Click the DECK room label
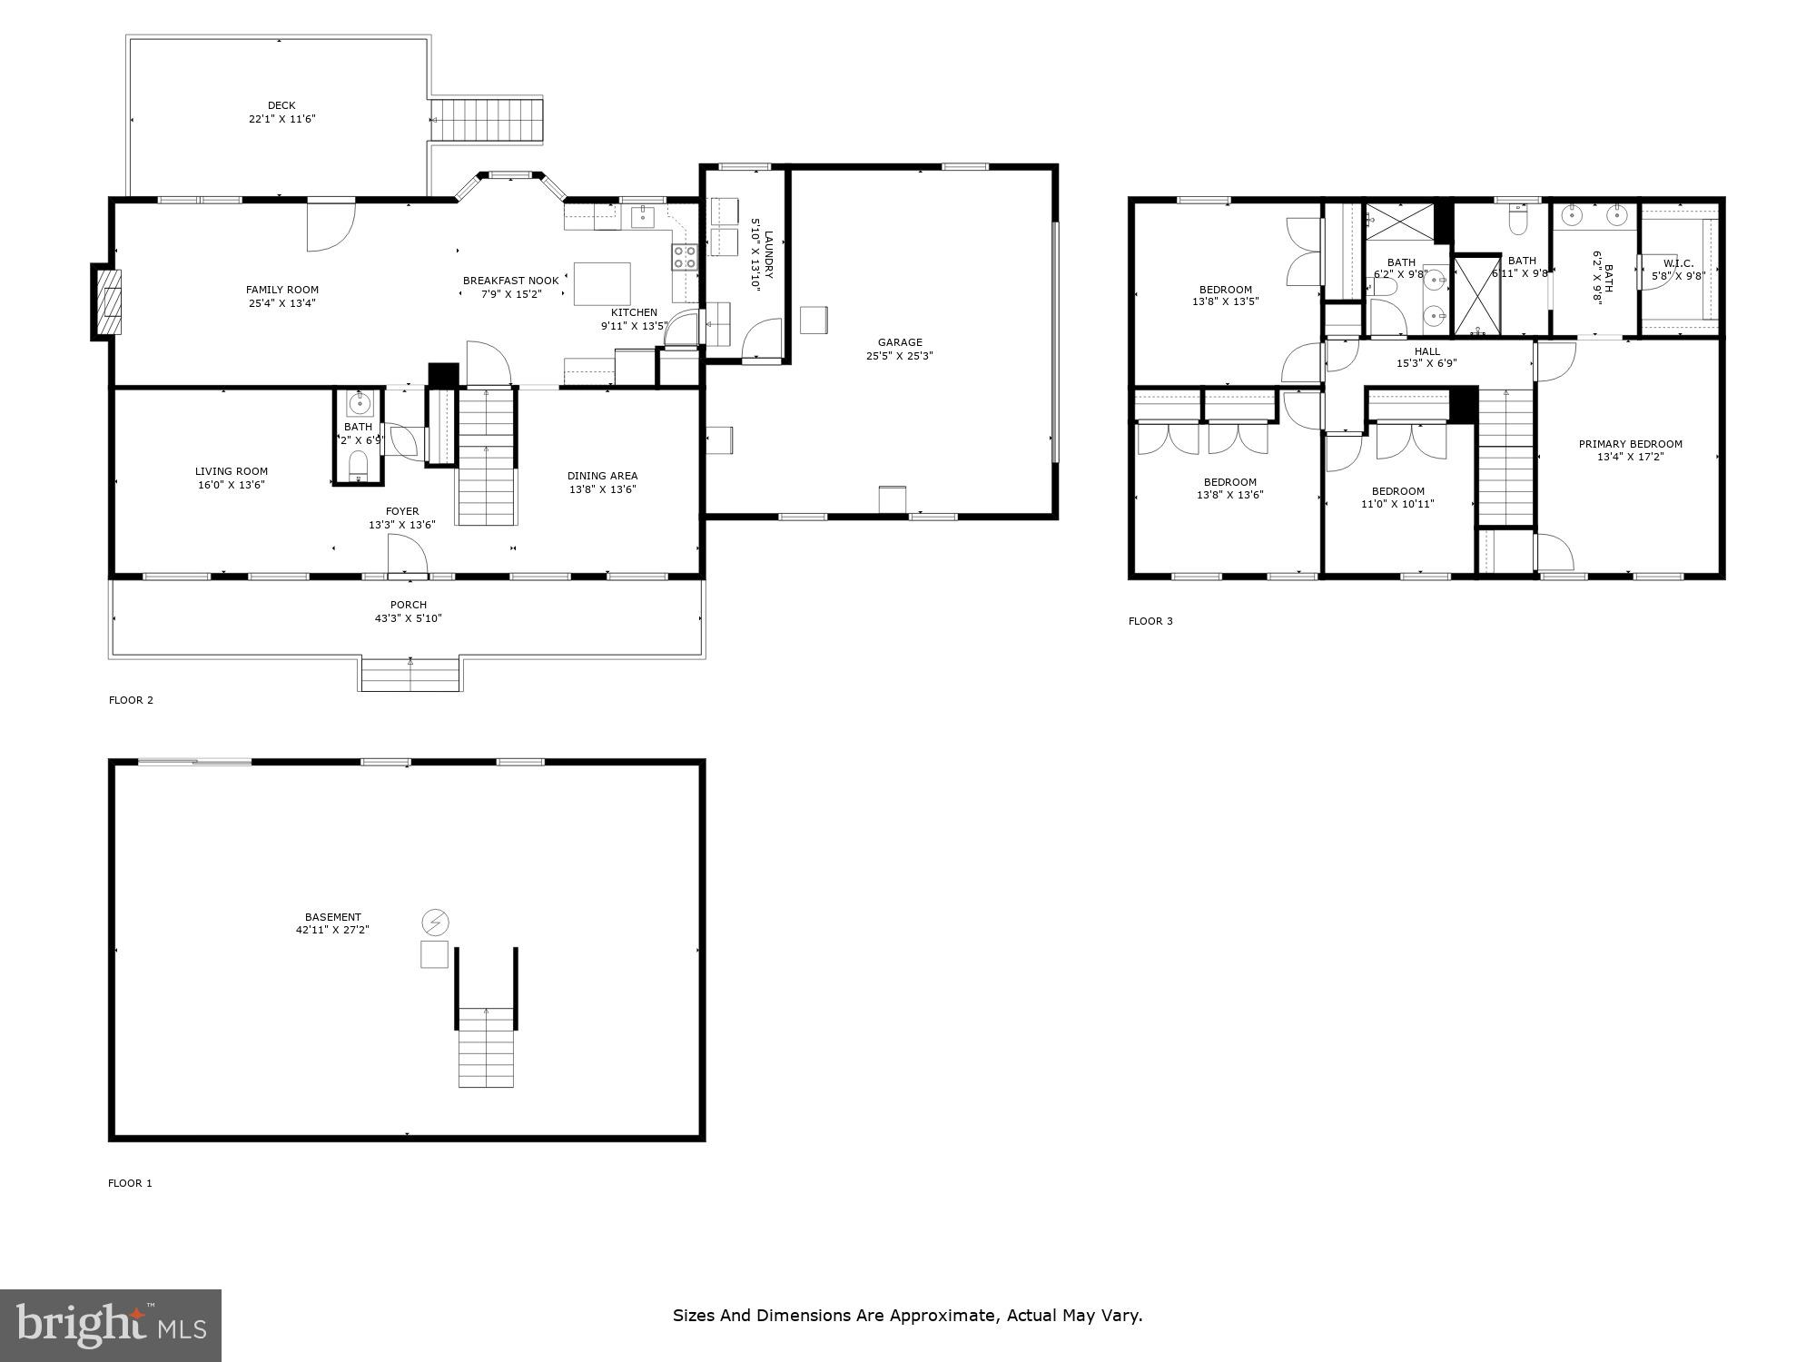coord(281,105)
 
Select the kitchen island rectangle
coord(602,284)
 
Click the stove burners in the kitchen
coord(685,258)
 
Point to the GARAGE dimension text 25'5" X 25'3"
coord(899,356)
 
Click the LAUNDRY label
coord(768,255)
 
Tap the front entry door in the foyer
coord(407,555)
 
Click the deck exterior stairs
coord(488,120)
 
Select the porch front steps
coord(410,675)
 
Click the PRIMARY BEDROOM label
coord(1630,444)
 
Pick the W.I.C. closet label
coord(1678,263)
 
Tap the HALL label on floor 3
coord(1426,351)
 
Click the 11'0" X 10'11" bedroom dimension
coord(1397,504)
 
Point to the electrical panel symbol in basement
coord(435,923)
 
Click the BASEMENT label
coord(332,917)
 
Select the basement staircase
coord(487,1044)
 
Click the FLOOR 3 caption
coord(1150,621)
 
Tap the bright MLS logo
coord(111,1325)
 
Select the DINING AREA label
coord(602,476)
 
